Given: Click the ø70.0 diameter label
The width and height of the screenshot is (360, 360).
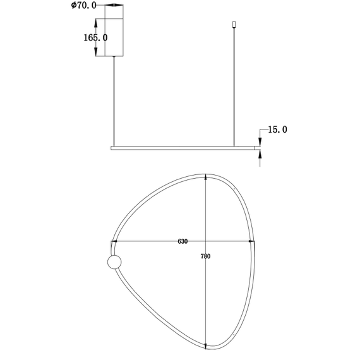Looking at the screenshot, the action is click(83, 6).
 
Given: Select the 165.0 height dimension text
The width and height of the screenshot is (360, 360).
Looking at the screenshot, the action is click(95, 38).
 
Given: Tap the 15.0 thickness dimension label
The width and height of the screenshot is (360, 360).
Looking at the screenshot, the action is click(277, 129).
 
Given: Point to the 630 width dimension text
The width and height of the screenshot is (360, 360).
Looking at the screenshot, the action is click(183, 241).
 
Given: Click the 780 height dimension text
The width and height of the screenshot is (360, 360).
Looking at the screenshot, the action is click(205, 256).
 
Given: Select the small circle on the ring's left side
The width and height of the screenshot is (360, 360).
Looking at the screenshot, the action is click(114, 262).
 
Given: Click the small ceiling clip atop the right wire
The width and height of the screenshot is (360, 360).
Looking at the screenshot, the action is click(234, 24).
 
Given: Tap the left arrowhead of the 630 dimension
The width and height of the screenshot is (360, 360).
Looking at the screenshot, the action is click(114, 241).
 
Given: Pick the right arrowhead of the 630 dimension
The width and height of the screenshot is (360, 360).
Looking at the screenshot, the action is click(251, 241).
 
